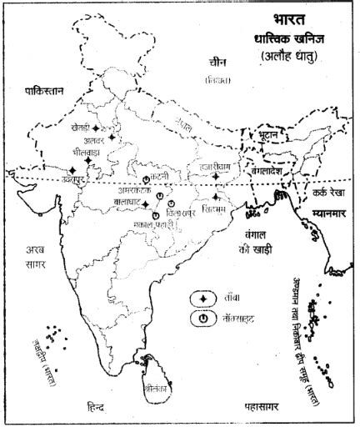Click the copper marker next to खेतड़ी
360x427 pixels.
[97, 128]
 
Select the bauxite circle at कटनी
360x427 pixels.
[146, 179]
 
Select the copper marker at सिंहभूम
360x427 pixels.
[215, 198]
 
